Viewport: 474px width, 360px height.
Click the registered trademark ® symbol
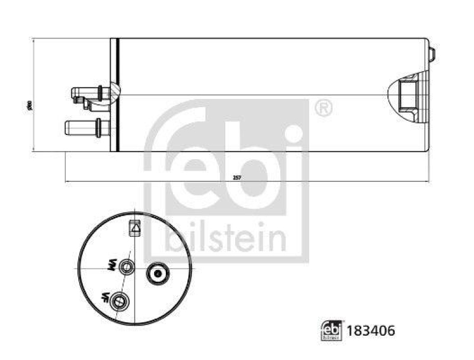point(322,108)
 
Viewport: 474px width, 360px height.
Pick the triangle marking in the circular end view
point(135,227)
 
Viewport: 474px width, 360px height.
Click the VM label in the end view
point(110,267)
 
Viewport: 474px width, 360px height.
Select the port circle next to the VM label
point(126,268)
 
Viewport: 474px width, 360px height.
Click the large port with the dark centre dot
point(158,273)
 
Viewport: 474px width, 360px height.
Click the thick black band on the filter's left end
point(118,94)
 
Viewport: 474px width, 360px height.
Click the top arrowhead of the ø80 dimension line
point(35,41)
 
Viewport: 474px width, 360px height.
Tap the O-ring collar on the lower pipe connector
point(97,127)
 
